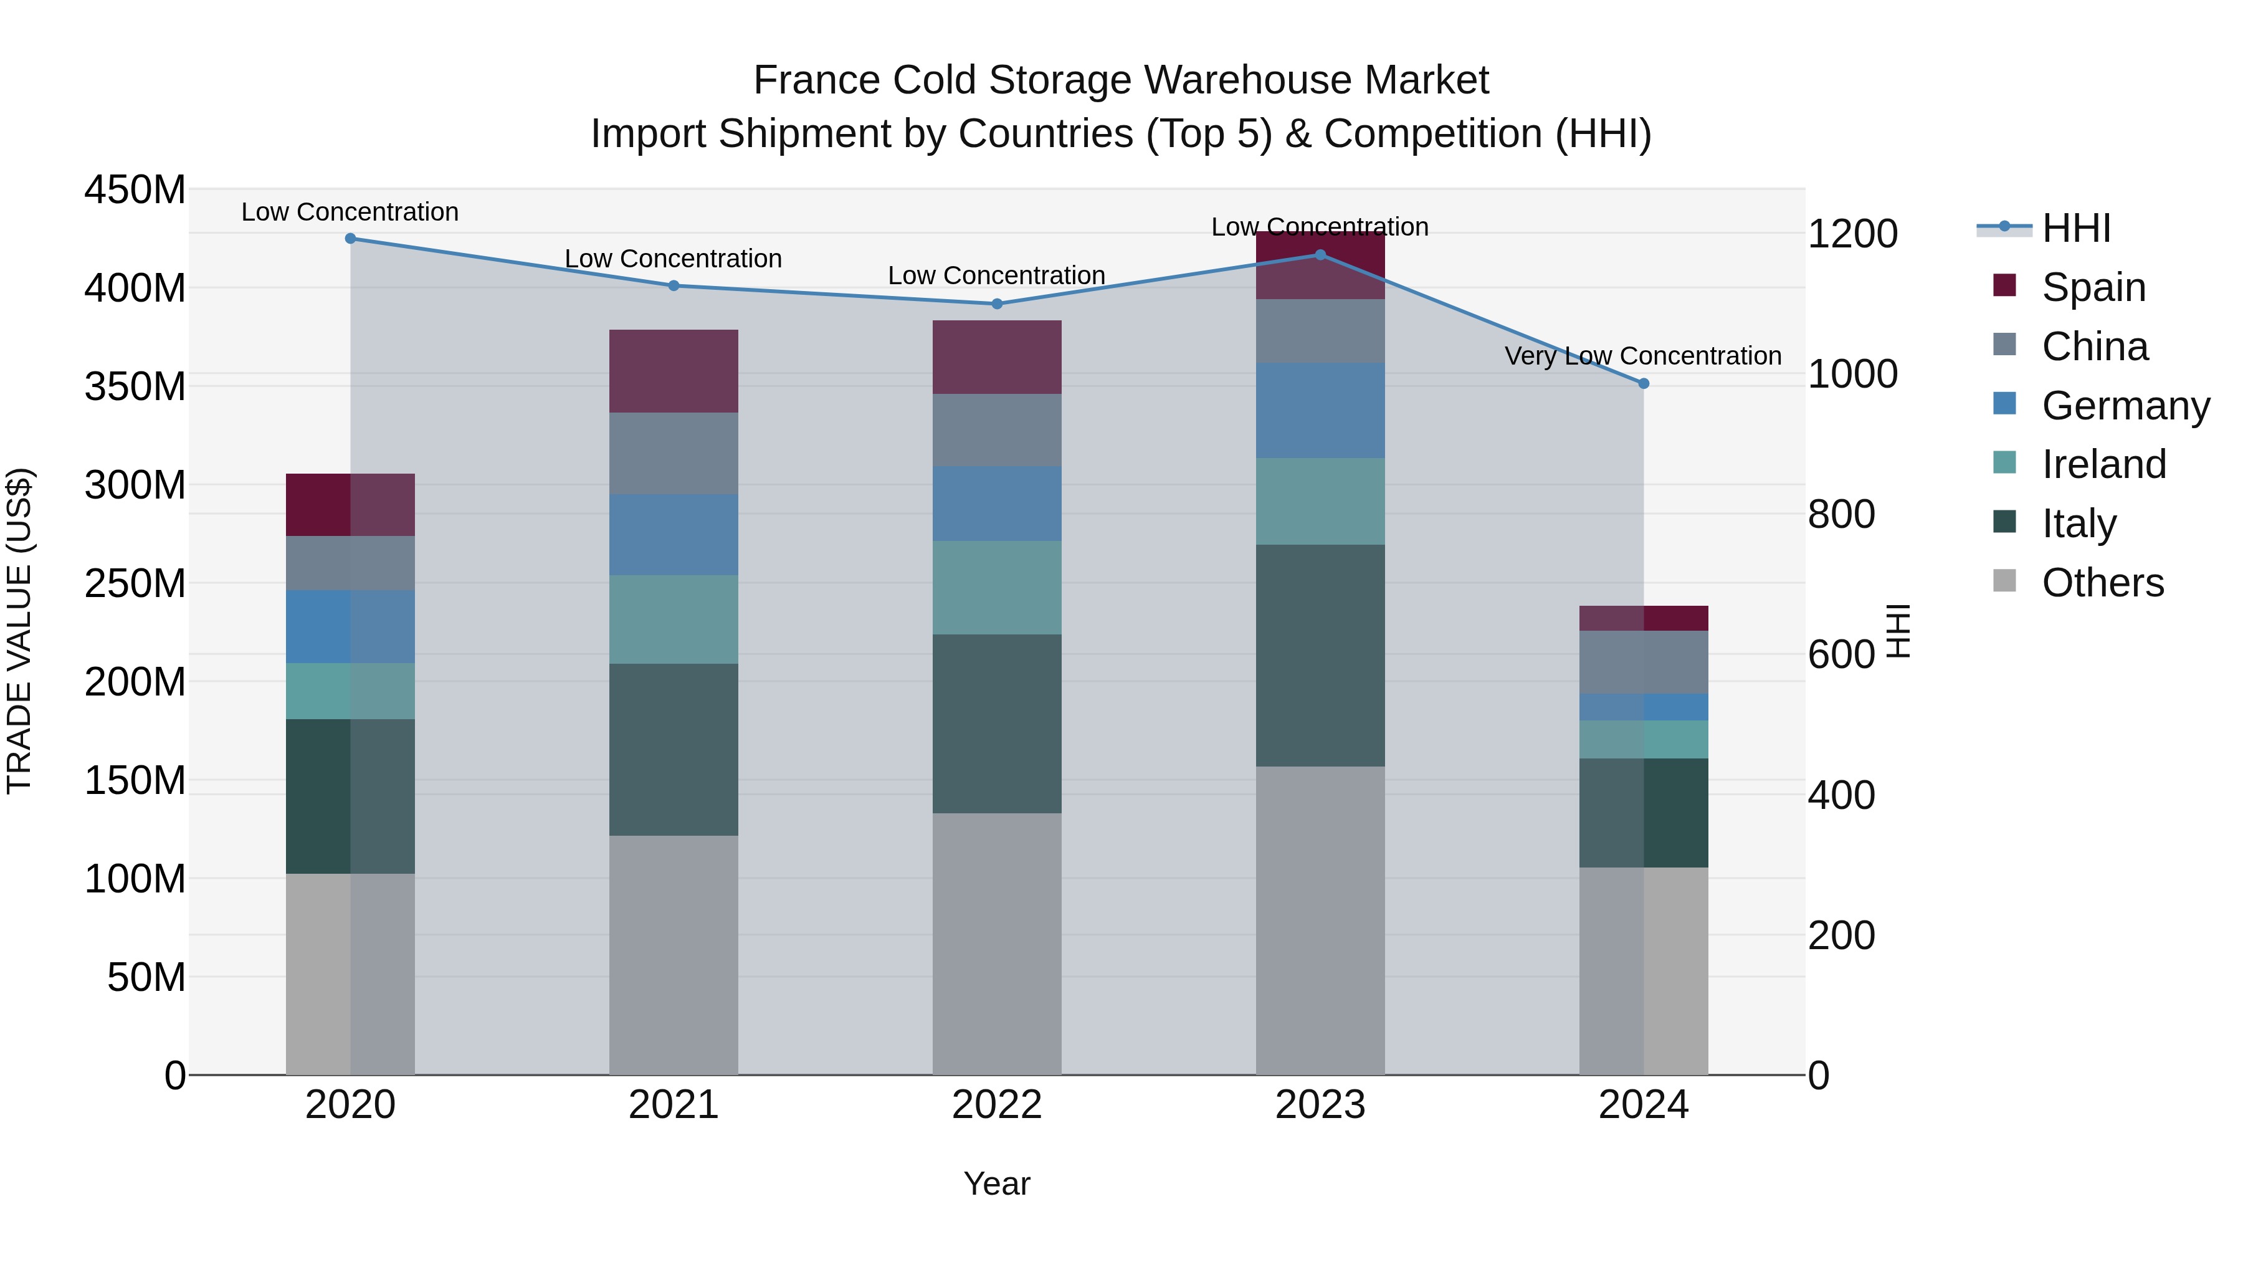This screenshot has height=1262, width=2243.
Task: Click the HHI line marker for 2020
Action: tap(350, 239)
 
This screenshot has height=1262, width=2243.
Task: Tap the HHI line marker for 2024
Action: tap(1643, 383)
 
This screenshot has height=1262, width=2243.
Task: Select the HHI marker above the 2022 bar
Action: tap(997, 304)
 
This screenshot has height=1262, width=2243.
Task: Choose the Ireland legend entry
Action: tap(2103, 464)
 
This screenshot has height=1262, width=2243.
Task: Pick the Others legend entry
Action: tap(2102, 583)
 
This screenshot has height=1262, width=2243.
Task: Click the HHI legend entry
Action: tap(2076, 228)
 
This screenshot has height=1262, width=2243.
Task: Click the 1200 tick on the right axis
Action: tap(1852, 234)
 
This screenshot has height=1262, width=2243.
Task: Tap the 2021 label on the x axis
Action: tap(673, 1105)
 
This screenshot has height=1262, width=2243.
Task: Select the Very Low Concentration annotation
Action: tap(1642, 356)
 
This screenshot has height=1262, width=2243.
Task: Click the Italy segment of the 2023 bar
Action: tap(1320, 655)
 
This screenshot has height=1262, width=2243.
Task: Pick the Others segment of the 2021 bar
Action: tap(673, 955)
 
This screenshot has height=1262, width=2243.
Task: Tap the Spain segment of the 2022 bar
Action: tap(997, 357)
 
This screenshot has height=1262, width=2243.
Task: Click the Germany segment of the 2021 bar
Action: tap(673, 534)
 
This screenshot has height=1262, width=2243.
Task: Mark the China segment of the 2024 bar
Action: tap(1643, 662)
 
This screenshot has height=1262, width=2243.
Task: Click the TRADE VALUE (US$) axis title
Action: tap(19, 631)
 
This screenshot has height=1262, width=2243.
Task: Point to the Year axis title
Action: tap(996, 1183)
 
